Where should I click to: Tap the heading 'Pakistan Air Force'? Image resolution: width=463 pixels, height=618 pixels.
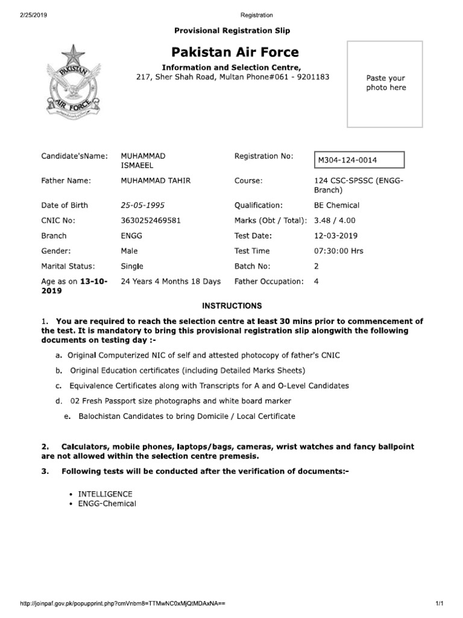coord(235,52)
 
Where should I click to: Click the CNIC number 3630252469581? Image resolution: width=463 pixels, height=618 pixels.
coord(150,220)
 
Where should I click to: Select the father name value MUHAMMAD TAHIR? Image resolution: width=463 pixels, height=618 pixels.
coord(154,180)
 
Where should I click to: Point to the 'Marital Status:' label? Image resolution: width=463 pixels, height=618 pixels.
coord(67,266)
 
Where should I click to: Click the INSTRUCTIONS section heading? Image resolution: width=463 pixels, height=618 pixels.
coord(231,306)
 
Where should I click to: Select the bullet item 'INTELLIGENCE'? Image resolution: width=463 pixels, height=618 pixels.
coord(105,494)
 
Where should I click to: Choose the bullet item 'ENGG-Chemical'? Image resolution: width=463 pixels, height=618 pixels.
coord(107,503)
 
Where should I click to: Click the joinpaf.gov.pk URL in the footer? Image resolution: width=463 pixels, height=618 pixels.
coord(123,604)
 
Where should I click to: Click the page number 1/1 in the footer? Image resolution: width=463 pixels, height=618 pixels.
coord(438,604)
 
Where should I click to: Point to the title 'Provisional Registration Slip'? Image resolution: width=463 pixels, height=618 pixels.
coord(231,30)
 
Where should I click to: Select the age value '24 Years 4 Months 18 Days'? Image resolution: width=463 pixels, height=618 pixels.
coord(171,281)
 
